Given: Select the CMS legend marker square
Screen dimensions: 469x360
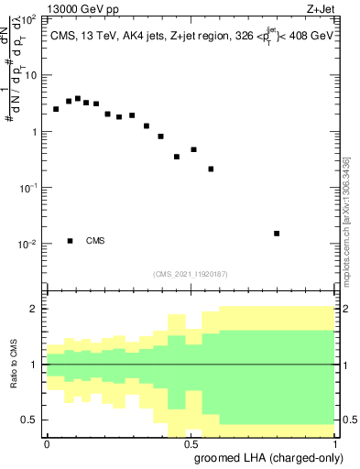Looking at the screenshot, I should [70, 241].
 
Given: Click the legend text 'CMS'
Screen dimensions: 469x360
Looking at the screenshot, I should [94, 241].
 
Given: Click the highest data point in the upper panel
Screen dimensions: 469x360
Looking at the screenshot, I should [78, 98].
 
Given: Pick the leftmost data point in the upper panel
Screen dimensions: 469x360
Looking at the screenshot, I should [56, 109].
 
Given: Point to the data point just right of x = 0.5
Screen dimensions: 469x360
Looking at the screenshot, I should [194, 149].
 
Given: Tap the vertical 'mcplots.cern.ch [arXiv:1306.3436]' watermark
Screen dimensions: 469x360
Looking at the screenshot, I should [346, 220].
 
